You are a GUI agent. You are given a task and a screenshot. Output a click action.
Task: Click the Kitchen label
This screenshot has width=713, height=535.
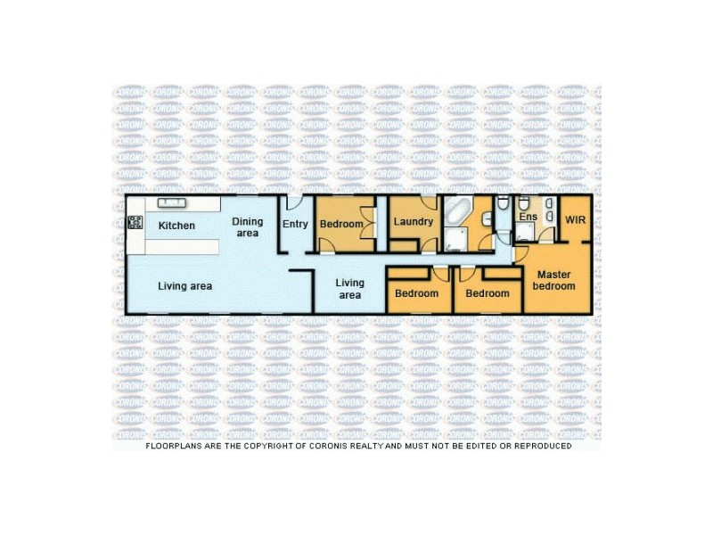[176, 226]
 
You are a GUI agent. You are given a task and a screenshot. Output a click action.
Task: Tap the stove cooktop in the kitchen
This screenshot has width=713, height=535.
[135, 223]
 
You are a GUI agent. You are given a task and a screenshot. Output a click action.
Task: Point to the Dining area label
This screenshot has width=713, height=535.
[247, 227]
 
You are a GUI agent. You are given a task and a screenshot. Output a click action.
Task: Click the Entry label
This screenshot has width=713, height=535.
[295, 224]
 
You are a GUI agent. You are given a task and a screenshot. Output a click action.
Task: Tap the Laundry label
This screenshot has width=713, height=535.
[413, 222]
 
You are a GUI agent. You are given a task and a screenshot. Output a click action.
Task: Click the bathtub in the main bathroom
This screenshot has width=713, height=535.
[461, 215]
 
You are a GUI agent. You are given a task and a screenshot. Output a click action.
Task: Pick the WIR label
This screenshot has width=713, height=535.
[576, 218]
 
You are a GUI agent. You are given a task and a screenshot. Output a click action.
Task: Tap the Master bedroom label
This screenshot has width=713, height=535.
[553, 280]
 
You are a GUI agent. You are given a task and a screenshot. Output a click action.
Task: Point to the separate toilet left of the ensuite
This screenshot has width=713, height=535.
[504, 205]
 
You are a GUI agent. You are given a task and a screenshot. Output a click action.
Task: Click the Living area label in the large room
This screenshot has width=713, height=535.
[184, 286]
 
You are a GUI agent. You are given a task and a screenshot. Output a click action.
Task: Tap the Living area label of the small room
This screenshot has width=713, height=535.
[349, 289]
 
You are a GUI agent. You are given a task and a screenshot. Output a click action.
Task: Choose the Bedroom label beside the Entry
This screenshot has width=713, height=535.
[341, 224]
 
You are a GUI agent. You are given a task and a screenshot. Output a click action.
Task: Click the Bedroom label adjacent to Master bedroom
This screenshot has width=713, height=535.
[488, 293]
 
